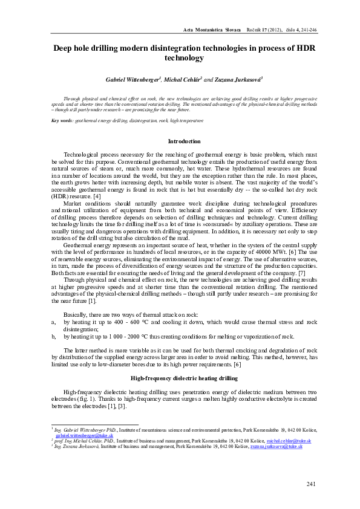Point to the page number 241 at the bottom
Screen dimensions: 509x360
point(312,484)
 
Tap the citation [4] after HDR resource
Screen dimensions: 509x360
point(97,196)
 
